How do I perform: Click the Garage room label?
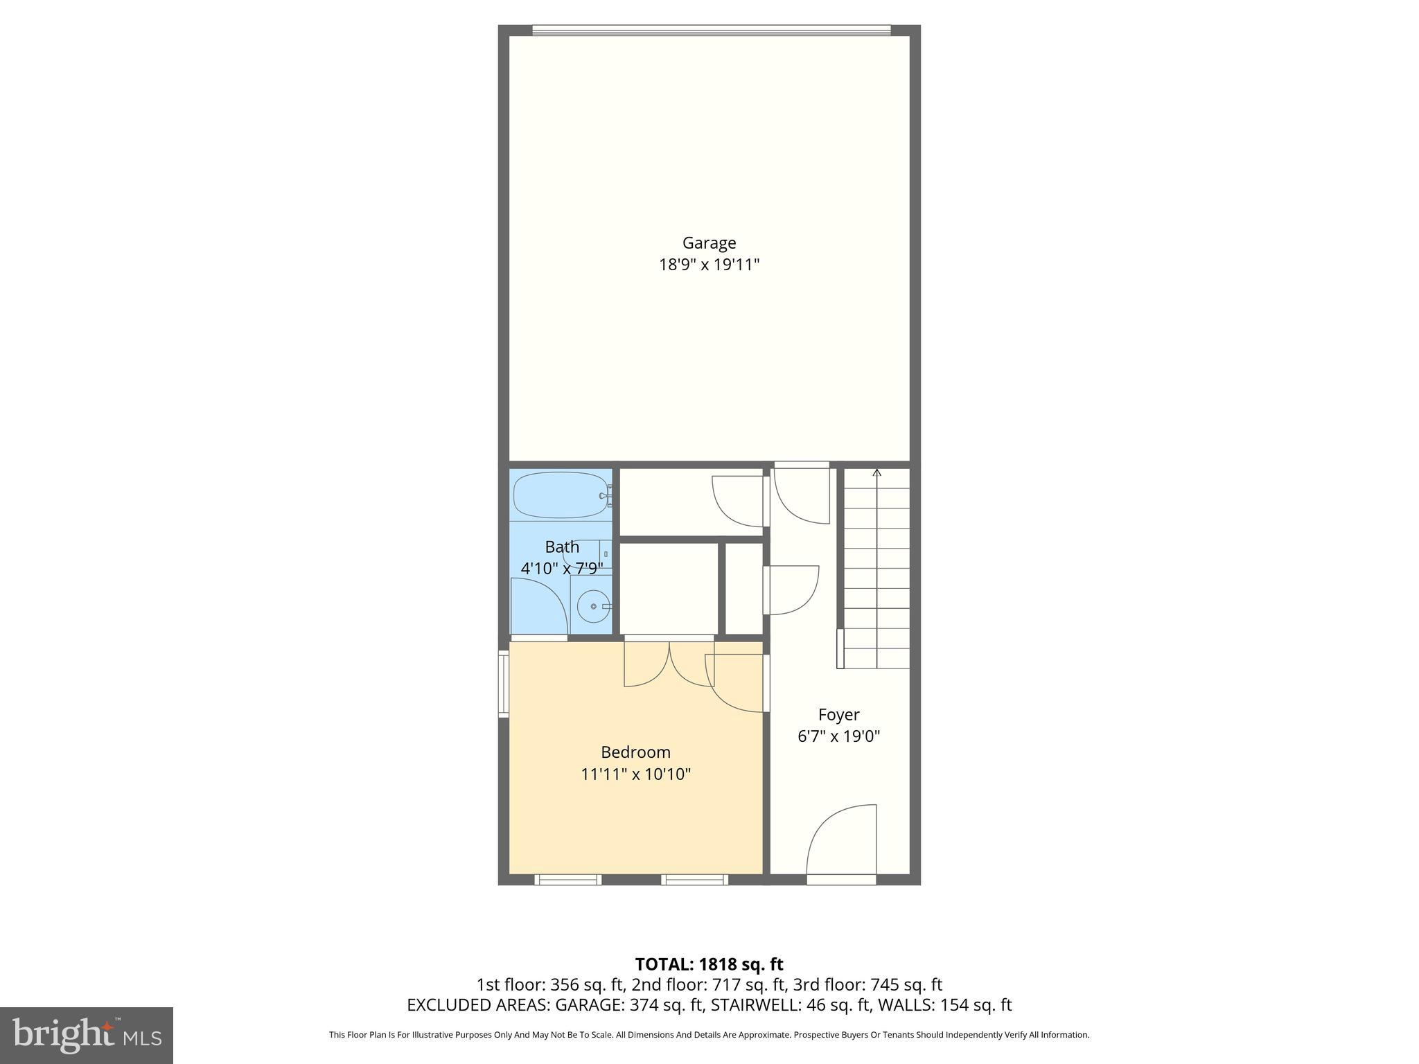(709, 243)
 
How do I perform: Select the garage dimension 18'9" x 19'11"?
(709, 265)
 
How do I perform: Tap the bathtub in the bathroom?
(560, 495)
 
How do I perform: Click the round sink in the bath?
(594, 607)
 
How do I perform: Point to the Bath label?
(562, 547)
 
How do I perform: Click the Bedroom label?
(635, 752)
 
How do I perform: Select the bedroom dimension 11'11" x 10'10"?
(635, 774)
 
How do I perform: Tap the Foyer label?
(838, 715)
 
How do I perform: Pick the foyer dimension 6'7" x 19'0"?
(838, 736)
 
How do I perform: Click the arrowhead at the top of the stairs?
(876, 473)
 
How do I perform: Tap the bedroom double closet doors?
(669, 664)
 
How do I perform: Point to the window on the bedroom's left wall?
(504, 683)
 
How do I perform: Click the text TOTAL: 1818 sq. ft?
(709, 964)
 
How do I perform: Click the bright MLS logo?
(87, 1035)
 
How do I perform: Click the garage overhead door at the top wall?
(711, 30)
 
